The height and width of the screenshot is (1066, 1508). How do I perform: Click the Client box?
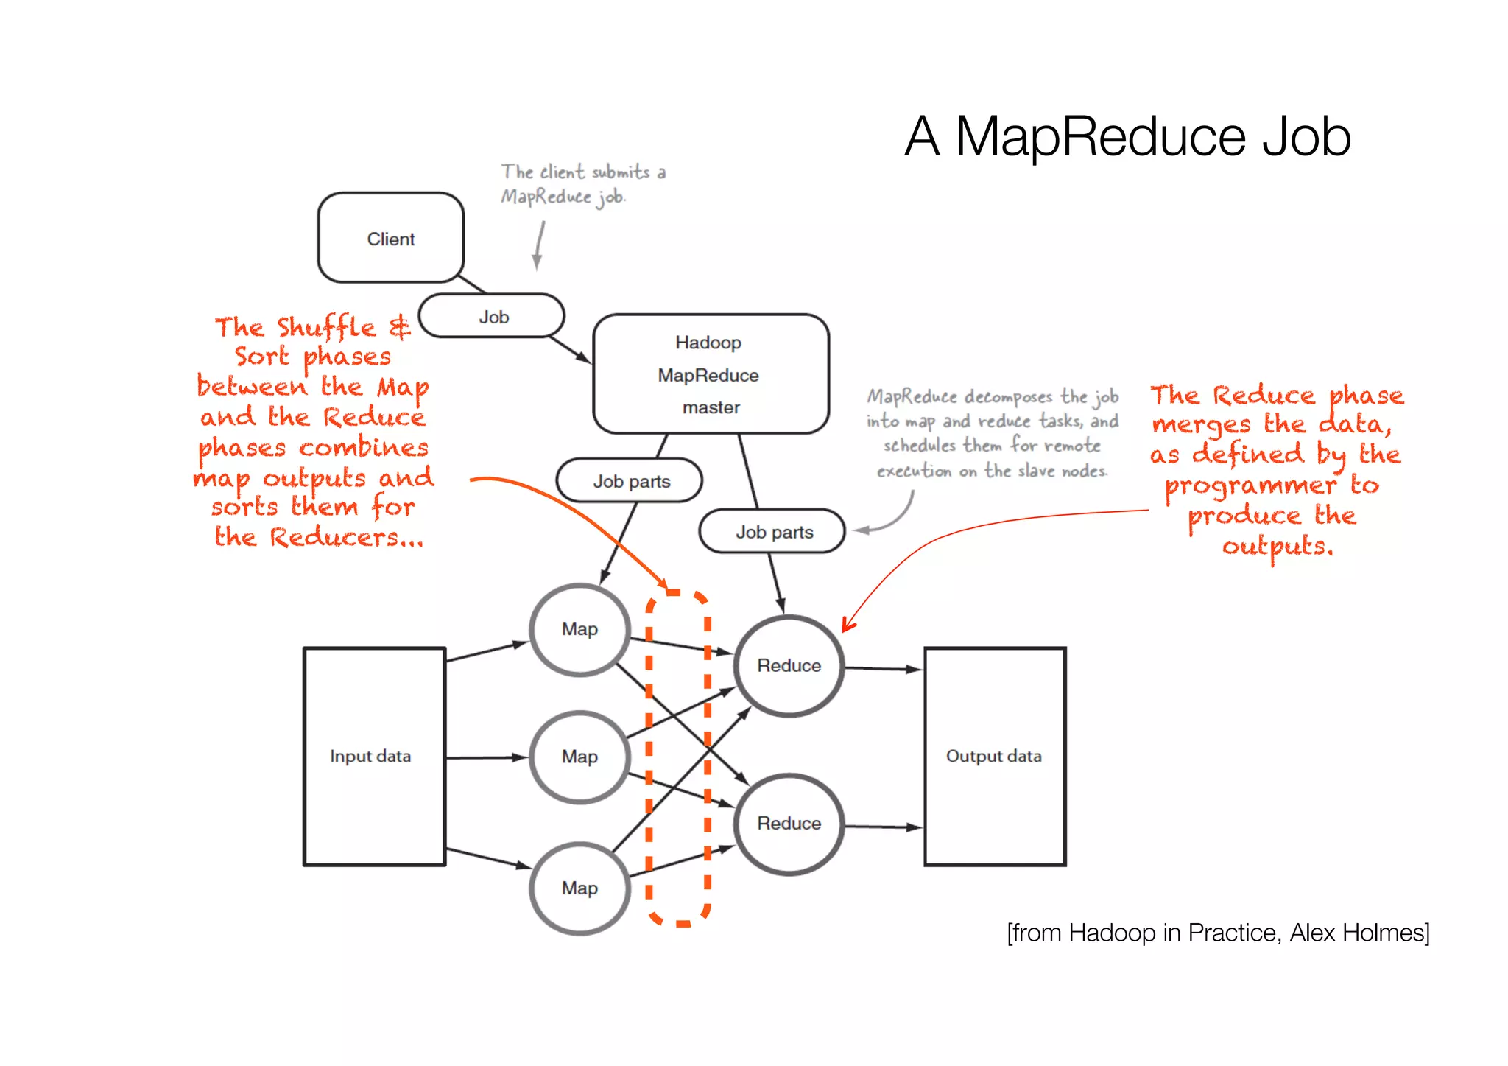(390, 238)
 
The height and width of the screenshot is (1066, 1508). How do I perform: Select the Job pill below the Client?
(492, 317)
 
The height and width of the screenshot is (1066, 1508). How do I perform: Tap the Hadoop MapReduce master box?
(710, 374)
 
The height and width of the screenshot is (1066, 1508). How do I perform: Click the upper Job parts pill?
(630, 481)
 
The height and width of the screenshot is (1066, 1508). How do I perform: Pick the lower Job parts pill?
(772, 531)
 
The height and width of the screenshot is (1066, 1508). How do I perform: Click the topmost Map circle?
(579, 629)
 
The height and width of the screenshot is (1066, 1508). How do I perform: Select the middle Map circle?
(579, 757)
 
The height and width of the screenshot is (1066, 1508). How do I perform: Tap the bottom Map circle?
(579, 888)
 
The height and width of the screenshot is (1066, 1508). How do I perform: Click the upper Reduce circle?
(789, 665)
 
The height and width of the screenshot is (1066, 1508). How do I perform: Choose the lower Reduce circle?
(789, 823)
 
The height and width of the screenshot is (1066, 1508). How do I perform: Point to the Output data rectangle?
(994, 756)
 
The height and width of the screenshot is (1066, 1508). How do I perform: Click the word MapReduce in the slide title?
(1100, 137)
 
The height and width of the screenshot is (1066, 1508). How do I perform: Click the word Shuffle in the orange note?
(327, 327)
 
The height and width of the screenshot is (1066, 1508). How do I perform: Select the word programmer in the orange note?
(1250, 485)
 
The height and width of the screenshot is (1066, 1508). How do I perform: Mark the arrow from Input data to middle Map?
(486, 757)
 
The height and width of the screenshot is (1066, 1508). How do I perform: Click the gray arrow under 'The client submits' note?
(539, 246)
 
